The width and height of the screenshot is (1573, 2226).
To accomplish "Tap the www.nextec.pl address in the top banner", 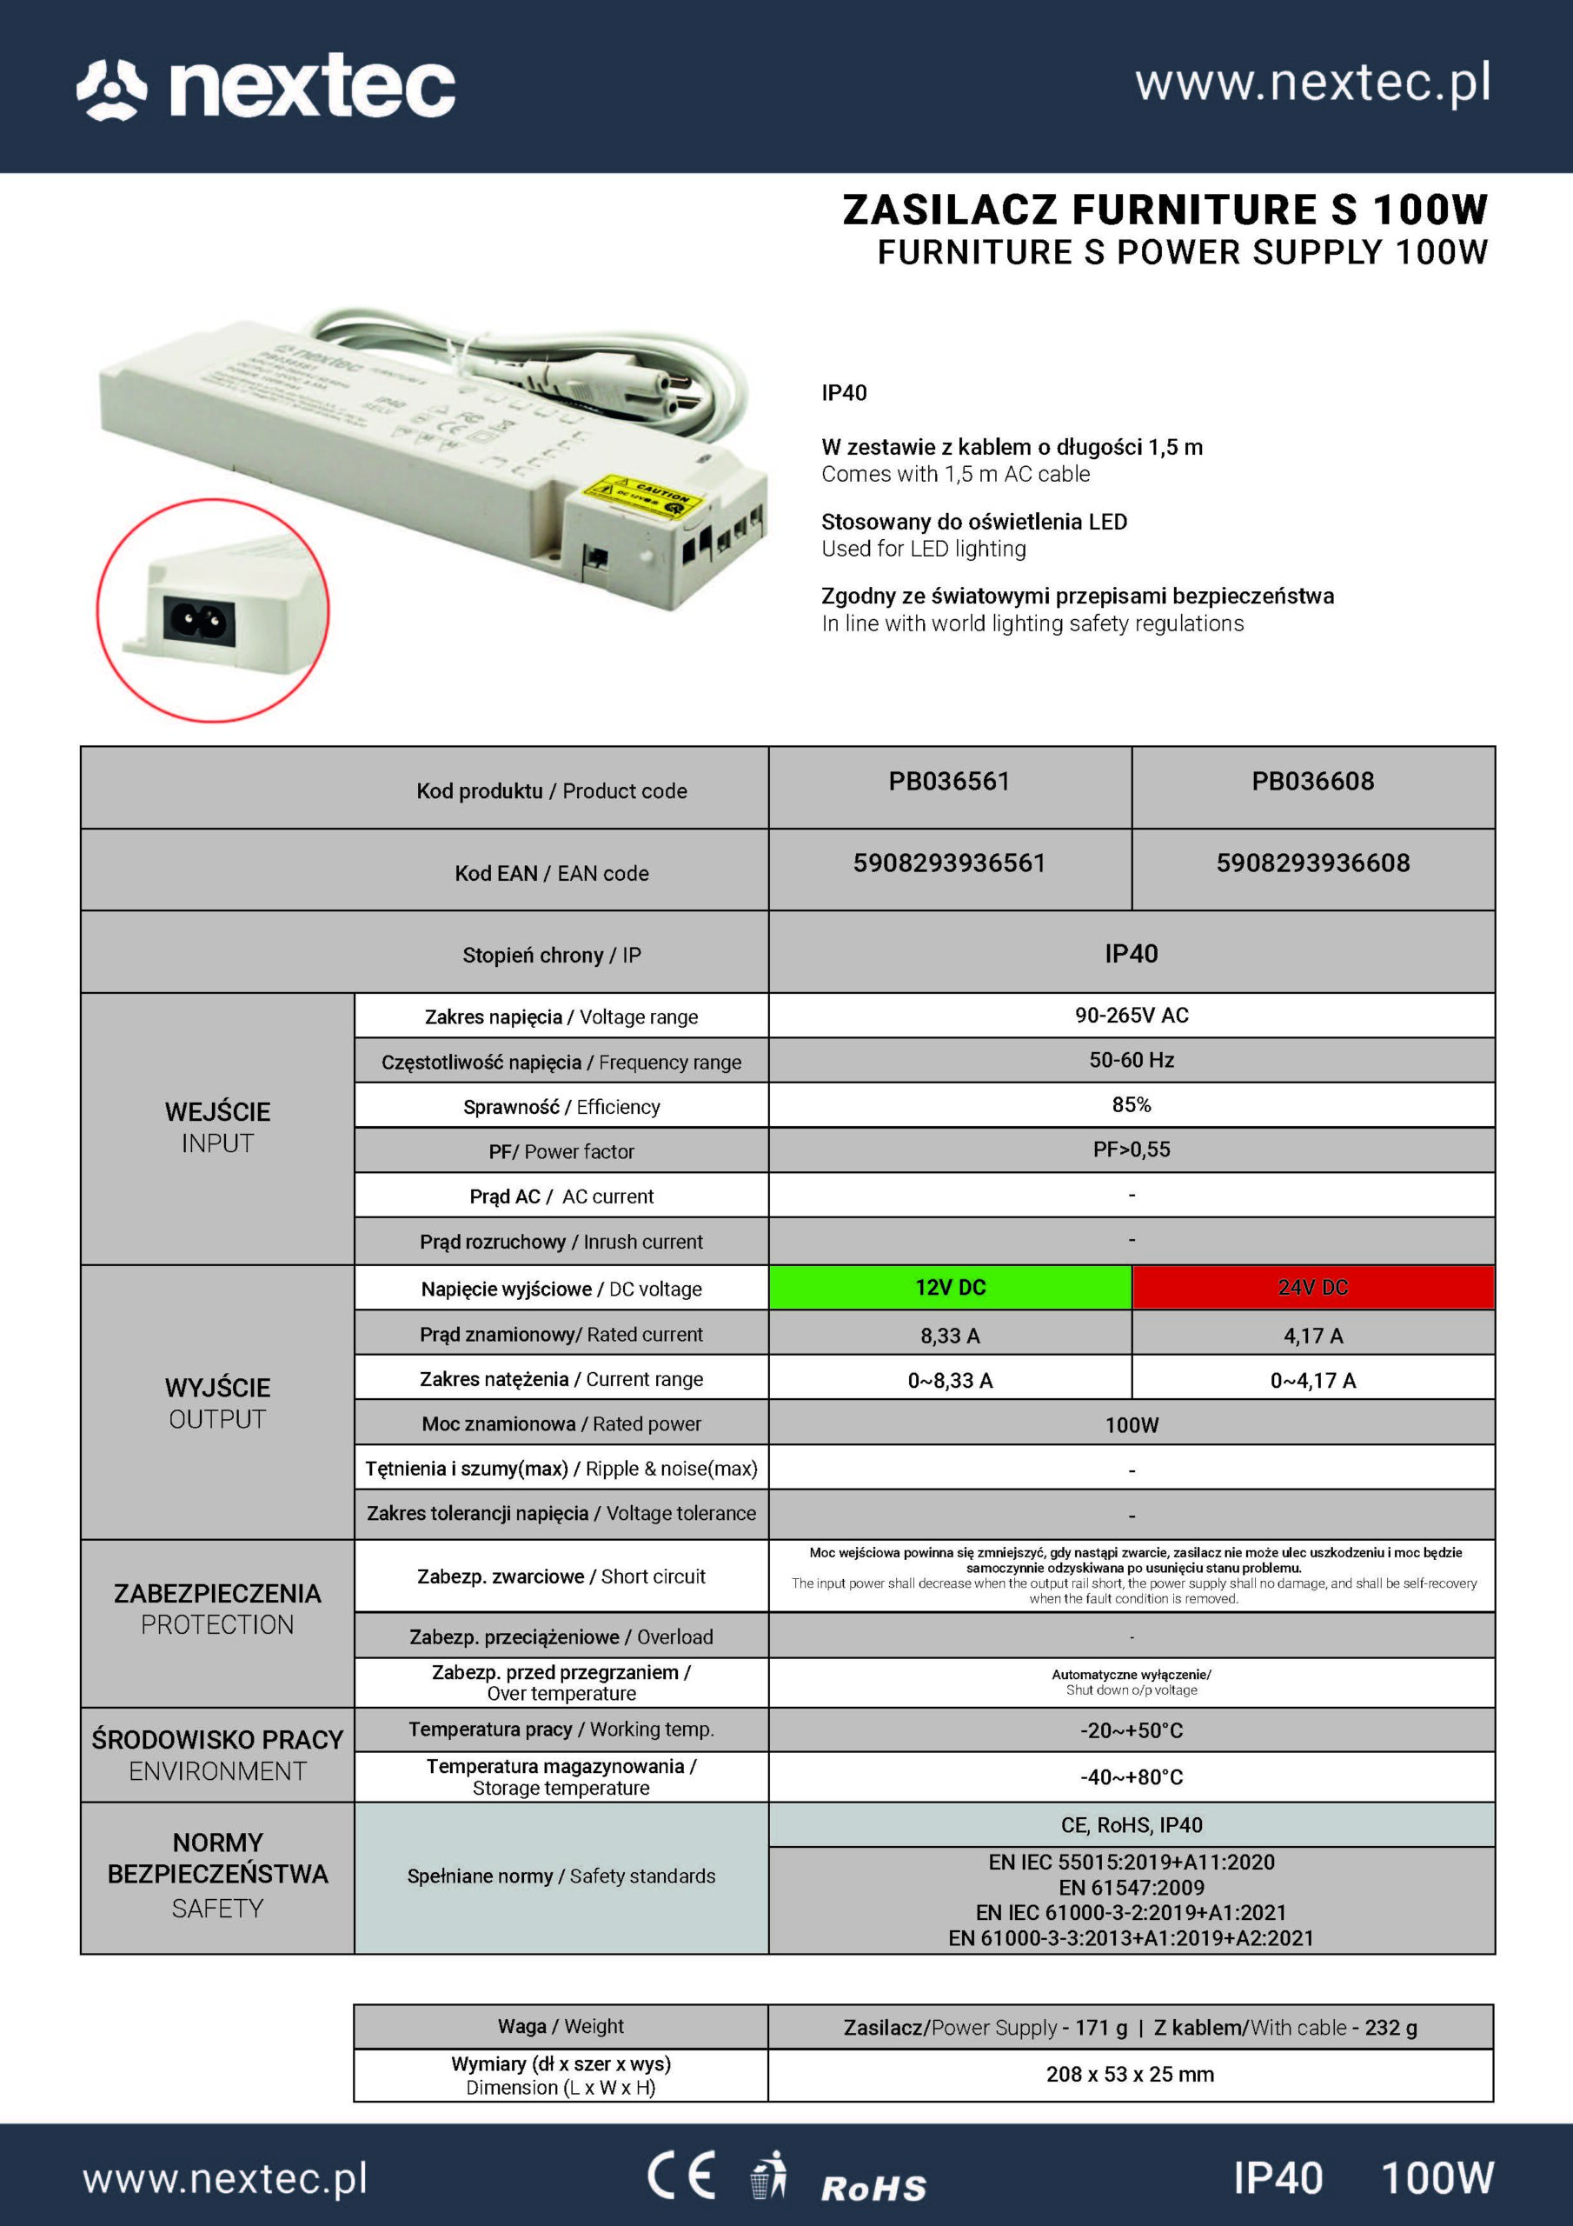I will pos(1312,83).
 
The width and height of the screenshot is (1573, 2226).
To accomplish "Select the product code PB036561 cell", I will pos(949,782).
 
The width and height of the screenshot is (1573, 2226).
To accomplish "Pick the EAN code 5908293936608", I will pos(1312,863).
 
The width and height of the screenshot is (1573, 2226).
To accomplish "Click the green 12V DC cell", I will pos(950,1288).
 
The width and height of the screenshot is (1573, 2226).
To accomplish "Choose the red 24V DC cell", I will pos(1312,1288).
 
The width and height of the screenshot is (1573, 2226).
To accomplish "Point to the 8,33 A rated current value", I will pos(950,1336).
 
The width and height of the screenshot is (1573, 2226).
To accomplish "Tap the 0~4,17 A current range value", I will pos(1312,1381).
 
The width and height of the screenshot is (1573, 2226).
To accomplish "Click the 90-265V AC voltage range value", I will pos(1131,1015).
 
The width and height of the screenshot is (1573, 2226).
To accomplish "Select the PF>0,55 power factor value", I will pos(1131,1150).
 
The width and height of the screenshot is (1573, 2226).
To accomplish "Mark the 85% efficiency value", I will pos(1131,1105).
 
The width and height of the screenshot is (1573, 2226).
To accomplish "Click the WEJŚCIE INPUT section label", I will pos(217,1128).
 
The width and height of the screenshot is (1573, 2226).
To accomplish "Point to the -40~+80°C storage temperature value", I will pos(1131,1777).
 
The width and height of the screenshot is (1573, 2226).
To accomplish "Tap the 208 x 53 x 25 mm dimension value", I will pos(1129,2074).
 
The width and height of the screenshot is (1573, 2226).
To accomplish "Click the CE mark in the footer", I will pos(681,2176).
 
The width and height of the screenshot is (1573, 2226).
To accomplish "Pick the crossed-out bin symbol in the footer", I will pos(768,2176).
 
